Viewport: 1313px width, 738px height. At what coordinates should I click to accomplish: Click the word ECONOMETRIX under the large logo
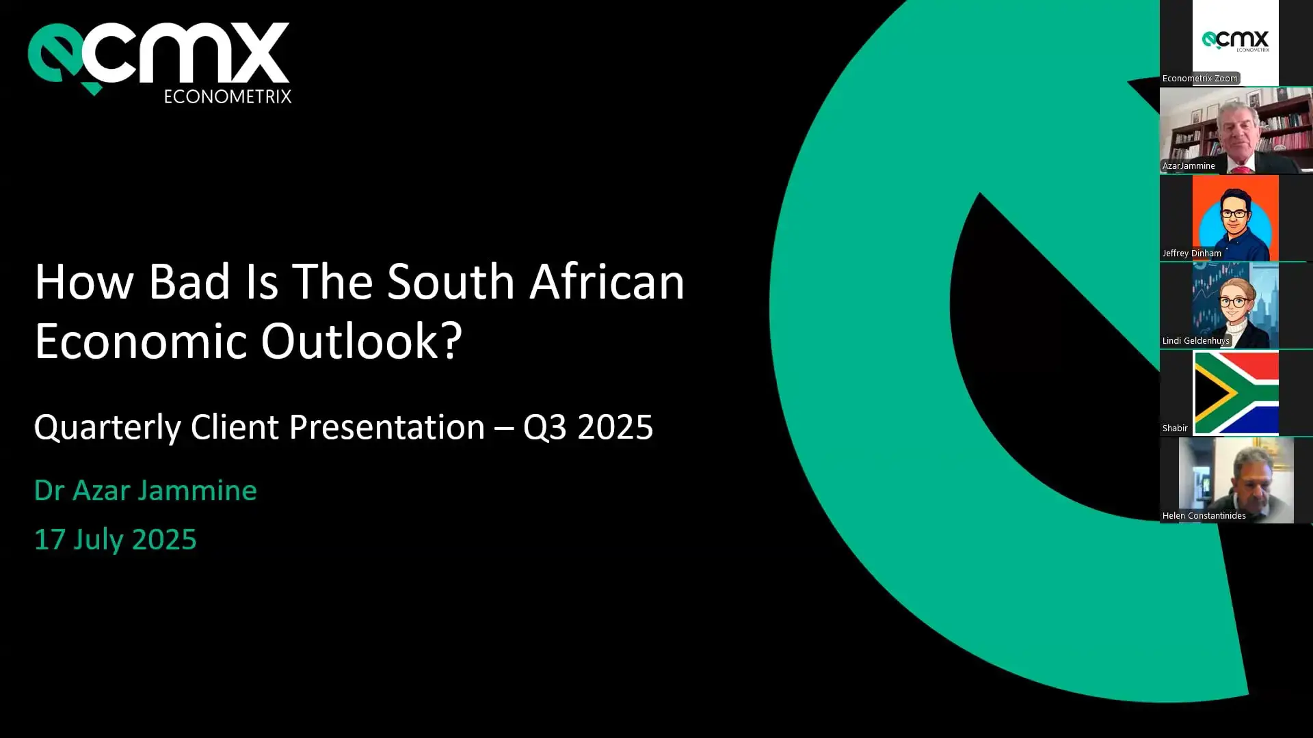(228, 96)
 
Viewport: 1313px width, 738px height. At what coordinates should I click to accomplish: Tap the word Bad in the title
(189, 282)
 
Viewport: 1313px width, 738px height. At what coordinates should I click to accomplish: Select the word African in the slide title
(607, 282)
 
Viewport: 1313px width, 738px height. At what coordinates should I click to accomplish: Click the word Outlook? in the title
(362, 341)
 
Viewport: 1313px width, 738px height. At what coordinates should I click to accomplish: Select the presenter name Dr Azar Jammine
(146, 490)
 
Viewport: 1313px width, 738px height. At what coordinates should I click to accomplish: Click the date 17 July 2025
(116, 539)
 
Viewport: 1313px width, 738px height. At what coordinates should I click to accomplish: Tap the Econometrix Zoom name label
(1200, 78)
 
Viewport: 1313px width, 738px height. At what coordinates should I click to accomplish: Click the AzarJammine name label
(1189, 165)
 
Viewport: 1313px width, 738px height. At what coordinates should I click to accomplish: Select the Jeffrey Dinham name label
(1191, 253)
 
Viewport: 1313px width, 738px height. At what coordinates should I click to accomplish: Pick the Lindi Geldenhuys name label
(1195, 340)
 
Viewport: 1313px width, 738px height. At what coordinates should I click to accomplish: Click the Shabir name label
(1175, 428)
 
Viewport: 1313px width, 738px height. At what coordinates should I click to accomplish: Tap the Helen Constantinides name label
(1204, 515)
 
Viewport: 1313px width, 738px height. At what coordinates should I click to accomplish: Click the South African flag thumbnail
(1236, 393)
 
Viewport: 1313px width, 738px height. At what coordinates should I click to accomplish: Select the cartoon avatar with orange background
(1236, 218)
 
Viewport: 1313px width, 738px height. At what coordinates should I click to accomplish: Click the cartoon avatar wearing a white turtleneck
(1236, 305)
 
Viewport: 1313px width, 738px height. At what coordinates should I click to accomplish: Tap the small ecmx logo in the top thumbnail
(1236, 41)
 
